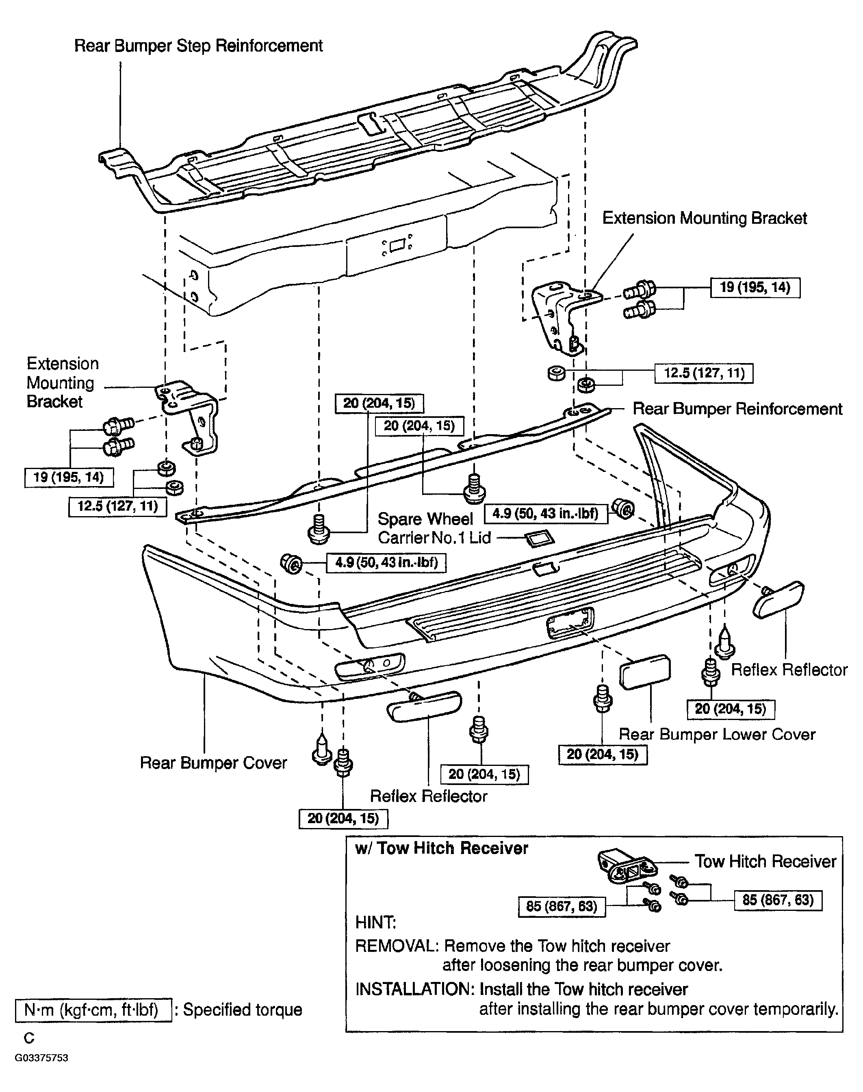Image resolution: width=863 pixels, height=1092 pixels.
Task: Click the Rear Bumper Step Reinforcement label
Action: click(x=199, y=46)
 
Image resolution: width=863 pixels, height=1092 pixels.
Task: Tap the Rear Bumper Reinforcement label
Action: click(x=738, y=409)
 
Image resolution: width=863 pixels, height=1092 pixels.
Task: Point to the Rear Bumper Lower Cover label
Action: click(x=717, y=734)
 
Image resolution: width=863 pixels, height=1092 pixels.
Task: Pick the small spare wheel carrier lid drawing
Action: click(x=540, y=538)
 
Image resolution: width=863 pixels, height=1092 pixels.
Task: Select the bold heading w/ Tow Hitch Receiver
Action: click(x=442, y=848)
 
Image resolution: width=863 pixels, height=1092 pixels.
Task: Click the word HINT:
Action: click(x=376, y=922)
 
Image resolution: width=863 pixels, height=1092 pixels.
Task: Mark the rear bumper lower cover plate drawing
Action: click(x=645, y=671)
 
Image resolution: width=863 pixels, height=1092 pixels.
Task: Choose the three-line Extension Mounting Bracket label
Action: click(x=63, y=383)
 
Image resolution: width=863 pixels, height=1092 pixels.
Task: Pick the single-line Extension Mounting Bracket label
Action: click(x=705, y=218)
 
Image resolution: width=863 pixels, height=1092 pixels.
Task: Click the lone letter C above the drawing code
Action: click(x=29, y=1038)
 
